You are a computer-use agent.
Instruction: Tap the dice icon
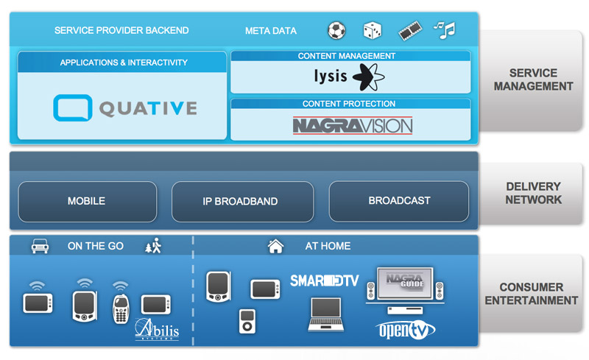coord(373,30)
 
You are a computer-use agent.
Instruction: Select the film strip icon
coord(409,30)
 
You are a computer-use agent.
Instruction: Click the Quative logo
coord(125,108)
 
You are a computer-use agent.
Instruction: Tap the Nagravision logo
coord(352,125)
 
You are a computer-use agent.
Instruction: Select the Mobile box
coord(86,200)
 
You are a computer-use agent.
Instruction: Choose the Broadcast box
coord(399,200)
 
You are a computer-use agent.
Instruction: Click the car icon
coord(40,246)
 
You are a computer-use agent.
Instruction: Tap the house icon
coord(275,246)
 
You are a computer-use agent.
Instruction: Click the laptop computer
coord(325,313)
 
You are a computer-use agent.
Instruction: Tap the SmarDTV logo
coord(324,280)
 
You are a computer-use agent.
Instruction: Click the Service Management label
coord(533,80)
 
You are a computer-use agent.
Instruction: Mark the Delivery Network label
coord(533,193)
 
